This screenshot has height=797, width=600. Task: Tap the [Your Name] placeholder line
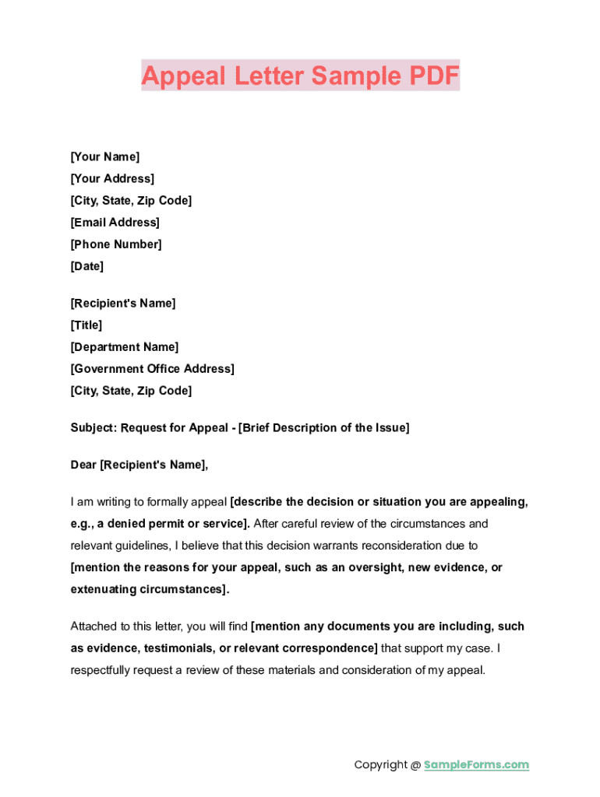pyautogui.click(x=105, y=157)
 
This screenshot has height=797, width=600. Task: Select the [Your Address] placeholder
pyautogui.click(x=112, y=179)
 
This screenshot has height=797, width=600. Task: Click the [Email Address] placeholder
pyautogui.click(x=115, y=223)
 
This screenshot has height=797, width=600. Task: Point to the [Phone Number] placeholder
pyautogui.click(x=116, y=244)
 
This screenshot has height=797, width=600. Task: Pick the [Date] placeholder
pyautogui.click(x=86, y=266)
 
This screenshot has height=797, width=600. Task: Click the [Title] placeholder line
pyautogui.click(x=86, y=325)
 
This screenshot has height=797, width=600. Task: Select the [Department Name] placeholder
pyautogui.click(x=125, y=347)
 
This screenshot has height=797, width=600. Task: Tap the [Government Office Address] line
pyautogui.click(x=152, y=369)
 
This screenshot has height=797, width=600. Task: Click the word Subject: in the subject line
pyautogui.click(x=94, y=428)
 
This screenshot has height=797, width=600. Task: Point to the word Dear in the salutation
pyautogui.click(x=83, y=465)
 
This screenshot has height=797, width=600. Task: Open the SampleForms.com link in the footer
pyautogui.click(x=476, y=765)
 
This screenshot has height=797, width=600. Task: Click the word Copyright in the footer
pyautogui.click(x=380, y=765)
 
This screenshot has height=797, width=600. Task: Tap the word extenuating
pyautogui.click(x=104, y=589)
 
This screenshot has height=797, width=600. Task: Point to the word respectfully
pyautogui.click(x=104, y=670)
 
